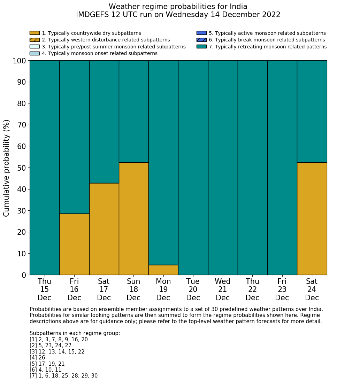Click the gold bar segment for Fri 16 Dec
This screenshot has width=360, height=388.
click(x=74, y=244)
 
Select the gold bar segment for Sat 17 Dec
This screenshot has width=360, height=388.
click(x=104, y=229)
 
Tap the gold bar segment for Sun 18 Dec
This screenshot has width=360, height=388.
click(x=133, y=219)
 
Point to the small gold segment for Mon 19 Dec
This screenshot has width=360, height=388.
click(x=163, y=270)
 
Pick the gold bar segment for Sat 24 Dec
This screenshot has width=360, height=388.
click(x=312, y=219)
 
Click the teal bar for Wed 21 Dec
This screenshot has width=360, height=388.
click(x=223, y=168)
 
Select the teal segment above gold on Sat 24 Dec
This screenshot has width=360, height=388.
click(x=312, y=111)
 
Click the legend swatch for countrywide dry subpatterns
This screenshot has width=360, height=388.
click(x=35, y=33)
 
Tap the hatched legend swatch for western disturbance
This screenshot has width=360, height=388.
click(x=35, y=40)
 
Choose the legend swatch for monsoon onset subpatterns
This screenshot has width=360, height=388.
click(x=35, y=53)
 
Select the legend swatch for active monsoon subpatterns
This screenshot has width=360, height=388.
click(x=201, y=33)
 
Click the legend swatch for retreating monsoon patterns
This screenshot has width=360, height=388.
click(x=201, y=47)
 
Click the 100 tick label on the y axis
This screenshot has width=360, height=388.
click(x=20, y=61)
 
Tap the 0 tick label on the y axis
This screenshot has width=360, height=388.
click(x=24, y=275)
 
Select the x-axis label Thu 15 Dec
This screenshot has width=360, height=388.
click(x=44, y=289)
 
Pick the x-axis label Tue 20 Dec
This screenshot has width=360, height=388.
click(x=193, y=289)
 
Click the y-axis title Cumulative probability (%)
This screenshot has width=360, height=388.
click(x=7, y=168)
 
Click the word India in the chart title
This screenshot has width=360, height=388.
click(x=238, y=7)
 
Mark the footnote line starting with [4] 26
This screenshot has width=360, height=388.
click(x=37, y=358)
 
